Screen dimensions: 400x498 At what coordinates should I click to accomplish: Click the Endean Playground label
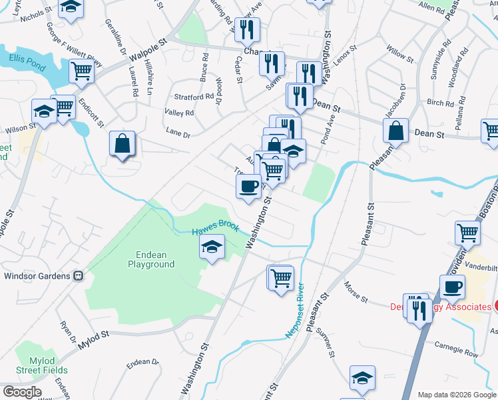pyautogui.click(x=151, y=259)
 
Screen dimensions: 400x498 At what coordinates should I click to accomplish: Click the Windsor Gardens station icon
pyautogui.click(x=78, y=275)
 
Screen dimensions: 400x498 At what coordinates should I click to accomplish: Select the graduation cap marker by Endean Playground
pyautogui.click(x=212, y=249)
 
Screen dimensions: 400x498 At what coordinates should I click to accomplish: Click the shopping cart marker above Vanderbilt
pyautogui.click(x=468, y=233)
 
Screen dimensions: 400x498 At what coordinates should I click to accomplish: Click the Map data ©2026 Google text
pyautogui.click(x=456, y=395)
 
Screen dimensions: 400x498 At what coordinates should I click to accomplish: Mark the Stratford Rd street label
pyautogui.click(x=194, y=96)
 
